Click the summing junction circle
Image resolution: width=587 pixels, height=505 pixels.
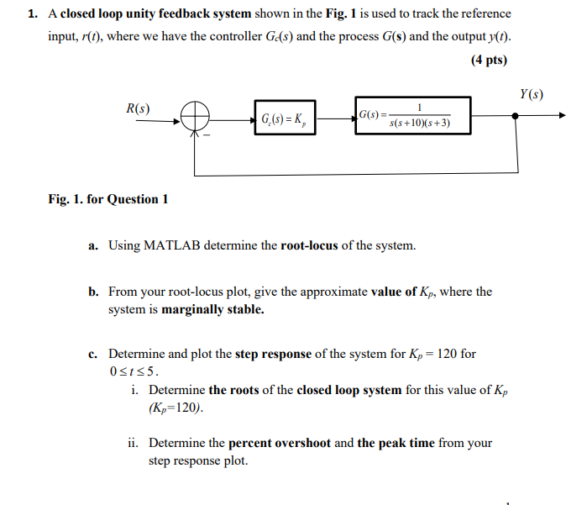[x=194, y=118]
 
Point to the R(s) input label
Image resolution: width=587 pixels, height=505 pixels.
[x=138, y=109]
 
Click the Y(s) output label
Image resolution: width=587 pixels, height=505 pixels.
[x=531, y=94]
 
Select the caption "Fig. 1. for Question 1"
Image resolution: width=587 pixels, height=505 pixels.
[x=108, y=199]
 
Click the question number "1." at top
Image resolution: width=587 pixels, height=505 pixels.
[x=32, y=14]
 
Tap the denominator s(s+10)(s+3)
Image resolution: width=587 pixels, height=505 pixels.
[x=420, y=124]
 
